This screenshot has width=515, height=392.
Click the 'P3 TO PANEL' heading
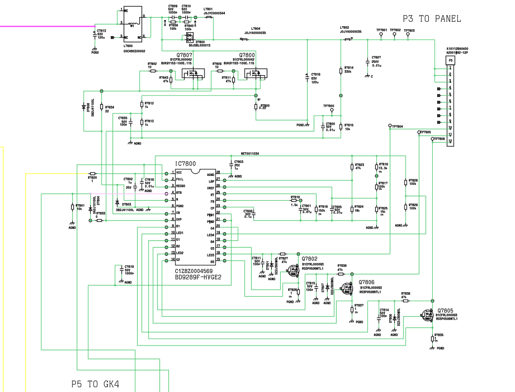(431, 19)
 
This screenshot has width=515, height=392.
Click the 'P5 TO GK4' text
(95, 384)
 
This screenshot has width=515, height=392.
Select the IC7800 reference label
(185, 164)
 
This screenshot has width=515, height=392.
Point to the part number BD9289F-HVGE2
(198, 277)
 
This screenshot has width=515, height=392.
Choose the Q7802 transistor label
(309, 259)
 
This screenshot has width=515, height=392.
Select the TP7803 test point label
(409, 30)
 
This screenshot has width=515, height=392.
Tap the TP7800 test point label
(328, 106)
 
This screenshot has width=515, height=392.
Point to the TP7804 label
(397, 127)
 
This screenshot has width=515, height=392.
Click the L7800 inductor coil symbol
(132, 23)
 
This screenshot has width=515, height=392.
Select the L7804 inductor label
(256, 29)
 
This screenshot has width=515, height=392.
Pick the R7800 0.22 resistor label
(264, 106)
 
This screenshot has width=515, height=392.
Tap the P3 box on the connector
(450, 60)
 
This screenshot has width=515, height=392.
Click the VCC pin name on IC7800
(179, 173)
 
